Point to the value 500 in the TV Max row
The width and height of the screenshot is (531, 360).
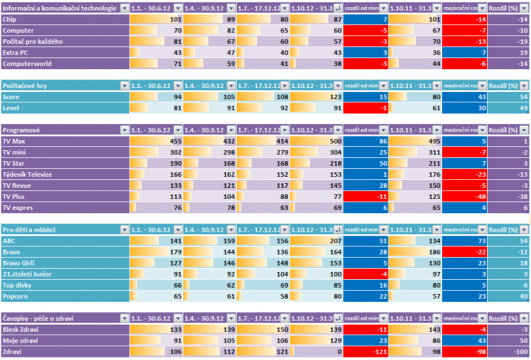coord(332,141)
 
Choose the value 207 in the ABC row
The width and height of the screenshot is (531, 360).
coord(332,241)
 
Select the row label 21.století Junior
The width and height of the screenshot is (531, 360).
coord(31,274)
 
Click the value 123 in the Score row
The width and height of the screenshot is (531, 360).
coord(332,96)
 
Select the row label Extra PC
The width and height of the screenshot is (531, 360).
coord(17,51)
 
